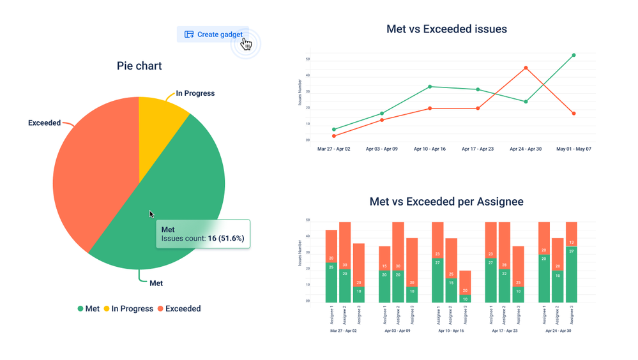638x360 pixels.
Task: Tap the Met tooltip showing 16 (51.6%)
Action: point(203,234)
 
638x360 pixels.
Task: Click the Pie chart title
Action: point(139,66)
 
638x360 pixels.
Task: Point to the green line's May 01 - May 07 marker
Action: point(573,56)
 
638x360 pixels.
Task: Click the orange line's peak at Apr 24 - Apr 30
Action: point(526,68)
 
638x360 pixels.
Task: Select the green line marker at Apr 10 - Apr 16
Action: point(430,87)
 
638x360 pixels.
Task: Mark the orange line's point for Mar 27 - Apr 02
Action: point(334,136)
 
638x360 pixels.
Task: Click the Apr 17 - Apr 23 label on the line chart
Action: point(478,149)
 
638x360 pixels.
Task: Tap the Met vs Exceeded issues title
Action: point(446,29)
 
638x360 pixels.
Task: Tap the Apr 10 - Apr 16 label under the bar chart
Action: point(450,331)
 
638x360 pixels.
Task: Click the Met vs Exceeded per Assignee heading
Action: point(446,202)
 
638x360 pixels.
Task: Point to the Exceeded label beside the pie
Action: point(44,123)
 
